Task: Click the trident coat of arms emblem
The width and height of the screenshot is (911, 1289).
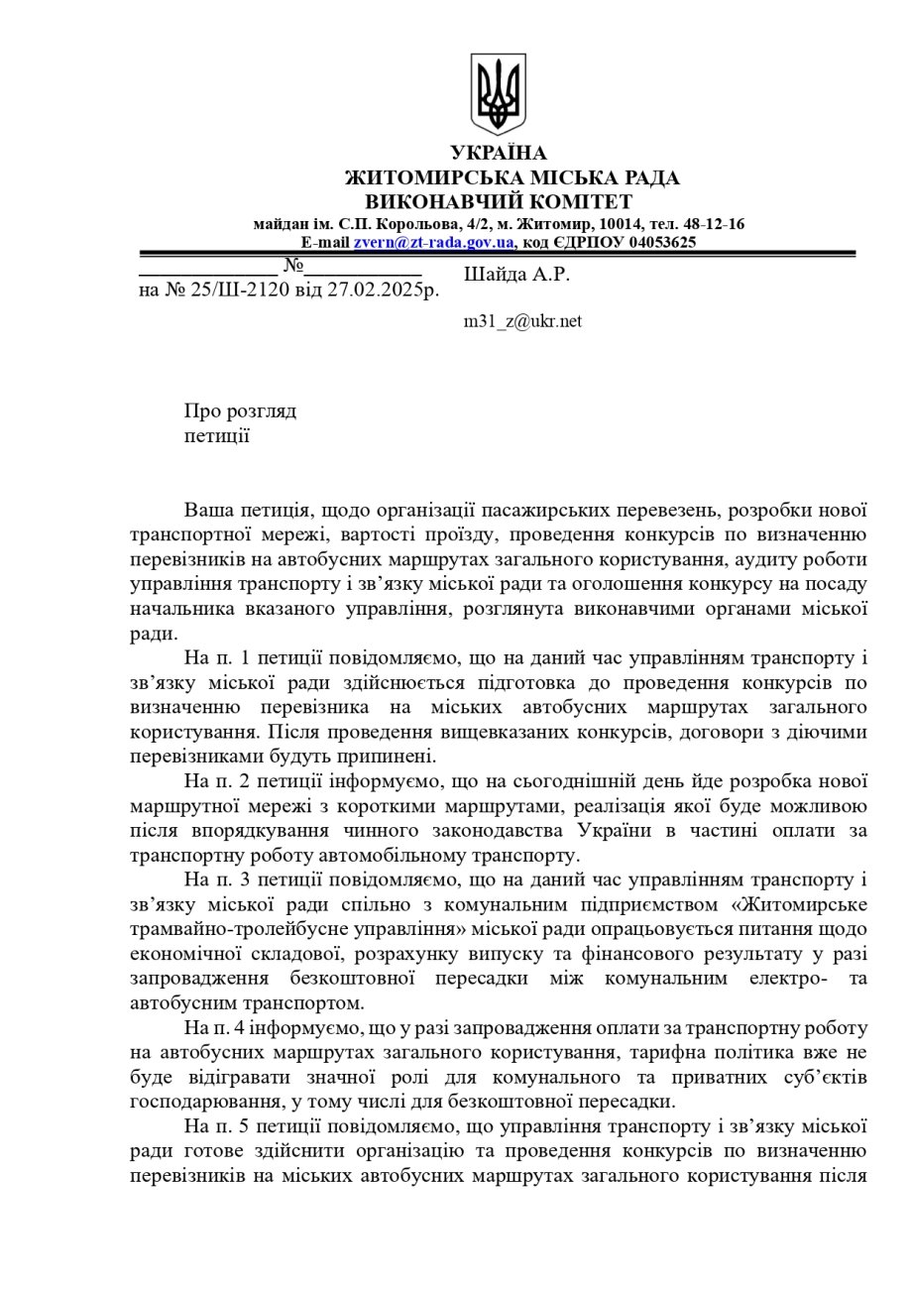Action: (x=498, y=93)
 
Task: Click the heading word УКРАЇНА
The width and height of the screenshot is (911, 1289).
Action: (x=498, y=154)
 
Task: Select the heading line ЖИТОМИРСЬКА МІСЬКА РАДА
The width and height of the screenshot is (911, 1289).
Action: (x=512, y=178)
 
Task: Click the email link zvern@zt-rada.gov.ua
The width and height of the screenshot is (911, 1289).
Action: (x=433, y=242)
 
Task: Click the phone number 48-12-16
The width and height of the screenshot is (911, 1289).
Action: (x=713, y=224)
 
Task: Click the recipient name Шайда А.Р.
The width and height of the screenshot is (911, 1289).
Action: (x=516, y=275)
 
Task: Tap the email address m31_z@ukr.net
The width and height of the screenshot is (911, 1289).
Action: (x=522, y=321)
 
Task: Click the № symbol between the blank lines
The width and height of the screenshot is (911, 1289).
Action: (x=292, y=266)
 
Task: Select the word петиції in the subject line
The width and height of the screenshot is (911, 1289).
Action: (x=216, y=435)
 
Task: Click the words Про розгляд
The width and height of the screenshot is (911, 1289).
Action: (x=240, y=411)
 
